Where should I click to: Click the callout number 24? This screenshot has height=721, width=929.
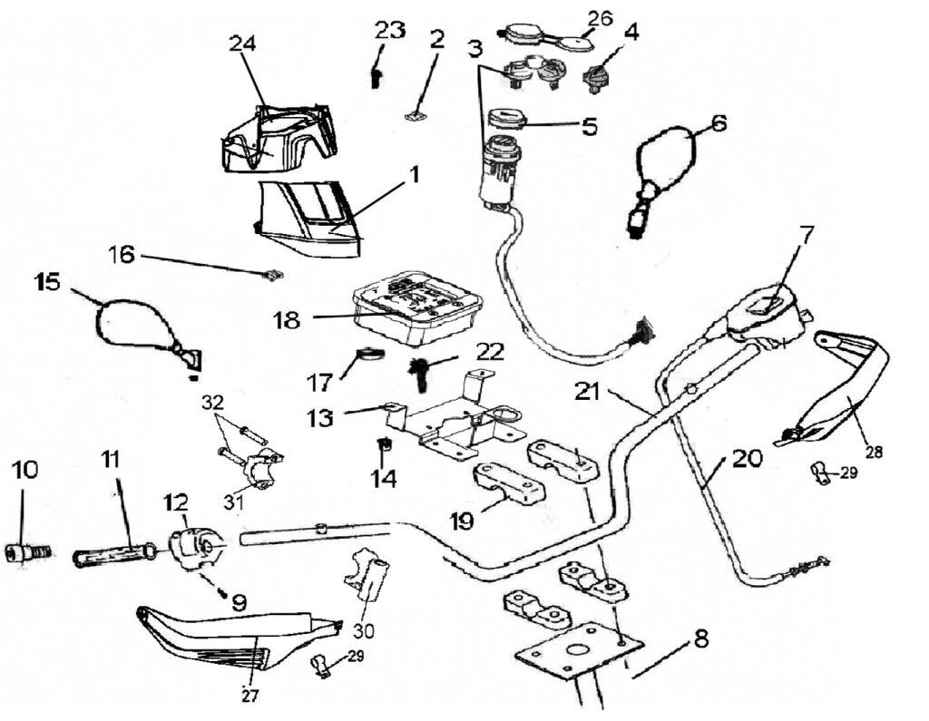242,44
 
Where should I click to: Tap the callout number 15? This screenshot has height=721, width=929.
48,282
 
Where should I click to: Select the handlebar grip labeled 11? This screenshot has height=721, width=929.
112,552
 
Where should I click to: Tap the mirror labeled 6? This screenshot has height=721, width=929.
664,165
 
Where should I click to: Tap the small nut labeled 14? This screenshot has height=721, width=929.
385,444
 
